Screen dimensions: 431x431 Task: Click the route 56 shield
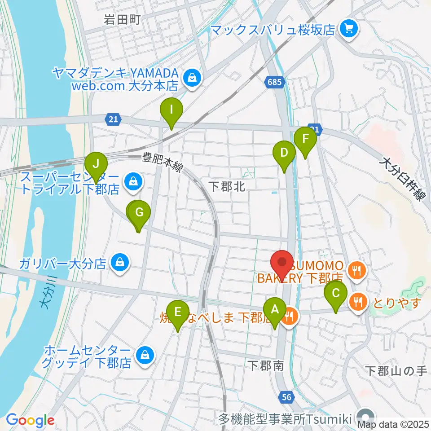coord(287,396)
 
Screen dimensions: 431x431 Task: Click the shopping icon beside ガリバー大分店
coord(120,263)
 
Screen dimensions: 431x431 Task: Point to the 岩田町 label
coord(123,19)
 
